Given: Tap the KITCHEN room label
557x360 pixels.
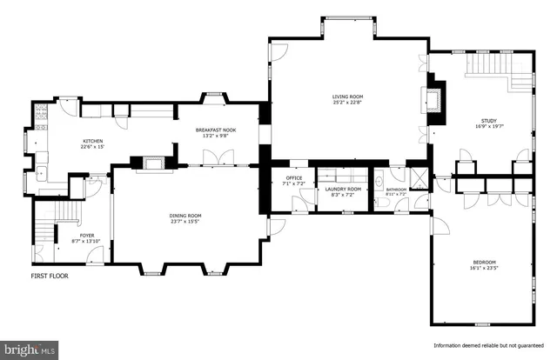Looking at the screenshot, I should (x=93, y=141).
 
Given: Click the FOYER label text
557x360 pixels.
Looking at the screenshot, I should (x=88, y=234).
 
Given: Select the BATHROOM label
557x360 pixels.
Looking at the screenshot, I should (x=397, y=189).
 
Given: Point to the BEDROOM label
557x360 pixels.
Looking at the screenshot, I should (x=485, y=262).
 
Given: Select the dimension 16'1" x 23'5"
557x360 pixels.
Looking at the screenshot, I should (x=485, y=268).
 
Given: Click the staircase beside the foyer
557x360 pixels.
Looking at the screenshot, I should (x=44, y=230).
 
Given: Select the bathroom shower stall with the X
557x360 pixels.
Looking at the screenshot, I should (x=418, y=178).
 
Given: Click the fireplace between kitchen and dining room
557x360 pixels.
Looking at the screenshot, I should (x=153, y=161).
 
